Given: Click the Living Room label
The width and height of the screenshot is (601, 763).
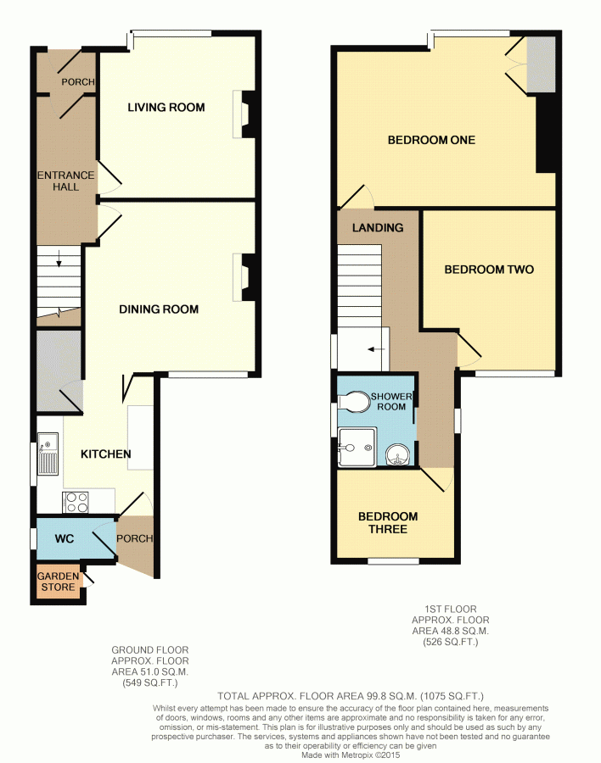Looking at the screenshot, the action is click(166, 107).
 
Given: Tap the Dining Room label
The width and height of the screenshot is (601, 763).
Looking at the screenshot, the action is click(159, 309).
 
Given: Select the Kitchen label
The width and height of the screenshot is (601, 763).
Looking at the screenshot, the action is click(106, 454).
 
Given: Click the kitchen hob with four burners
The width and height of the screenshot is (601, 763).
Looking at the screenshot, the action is click(76, 502).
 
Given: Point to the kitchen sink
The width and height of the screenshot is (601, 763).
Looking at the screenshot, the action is click(48, 454).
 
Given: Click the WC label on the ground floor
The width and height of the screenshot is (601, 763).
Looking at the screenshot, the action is click(65, 538).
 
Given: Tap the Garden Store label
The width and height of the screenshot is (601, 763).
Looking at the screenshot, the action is click(58, 582).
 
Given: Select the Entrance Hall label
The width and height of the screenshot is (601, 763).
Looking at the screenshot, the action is click(66, 181).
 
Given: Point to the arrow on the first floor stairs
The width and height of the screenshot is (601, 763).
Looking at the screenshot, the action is click(376, 349).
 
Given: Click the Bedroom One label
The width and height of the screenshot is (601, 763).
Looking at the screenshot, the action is click(431, 140).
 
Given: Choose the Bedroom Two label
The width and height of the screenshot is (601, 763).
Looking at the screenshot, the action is click(489, 270).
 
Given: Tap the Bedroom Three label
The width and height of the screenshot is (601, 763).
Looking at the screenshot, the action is click(388, 522).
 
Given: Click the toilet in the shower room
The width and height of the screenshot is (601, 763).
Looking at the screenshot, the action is click(354, 403).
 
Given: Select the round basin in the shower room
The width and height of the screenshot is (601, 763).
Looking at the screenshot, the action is click(398, 456).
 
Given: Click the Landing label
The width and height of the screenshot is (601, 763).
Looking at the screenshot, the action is click(378, 227).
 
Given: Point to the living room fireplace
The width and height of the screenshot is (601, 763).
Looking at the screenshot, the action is click(244, 114).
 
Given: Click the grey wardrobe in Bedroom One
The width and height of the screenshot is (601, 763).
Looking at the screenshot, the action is click(541, 64).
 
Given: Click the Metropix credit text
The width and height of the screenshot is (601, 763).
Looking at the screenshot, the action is click(351, 755).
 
